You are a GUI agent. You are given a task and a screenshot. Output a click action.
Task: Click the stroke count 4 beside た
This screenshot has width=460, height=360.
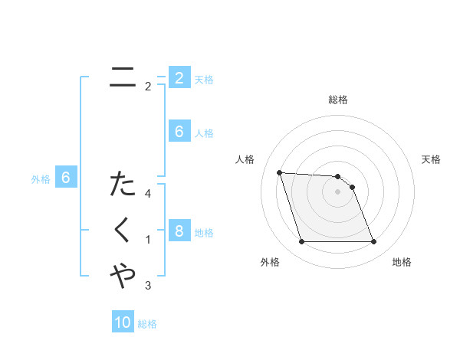148,194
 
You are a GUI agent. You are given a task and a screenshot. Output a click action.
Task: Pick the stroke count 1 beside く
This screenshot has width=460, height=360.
148,240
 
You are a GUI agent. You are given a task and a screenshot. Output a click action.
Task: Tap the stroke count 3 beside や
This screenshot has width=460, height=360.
148,286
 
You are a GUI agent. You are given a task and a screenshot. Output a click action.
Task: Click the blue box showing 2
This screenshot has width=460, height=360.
179,77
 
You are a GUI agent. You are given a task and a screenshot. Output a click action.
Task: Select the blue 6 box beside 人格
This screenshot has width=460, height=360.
179,132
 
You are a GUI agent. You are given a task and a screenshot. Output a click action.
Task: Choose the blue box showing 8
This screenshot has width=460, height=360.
179,231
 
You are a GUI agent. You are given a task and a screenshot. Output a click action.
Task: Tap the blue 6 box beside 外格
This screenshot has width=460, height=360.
66,178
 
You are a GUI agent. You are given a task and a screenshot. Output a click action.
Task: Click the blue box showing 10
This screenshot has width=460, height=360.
123,322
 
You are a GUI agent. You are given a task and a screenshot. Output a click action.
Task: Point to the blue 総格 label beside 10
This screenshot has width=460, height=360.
147,324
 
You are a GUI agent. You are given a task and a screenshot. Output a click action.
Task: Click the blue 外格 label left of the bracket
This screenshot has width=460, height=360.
41,179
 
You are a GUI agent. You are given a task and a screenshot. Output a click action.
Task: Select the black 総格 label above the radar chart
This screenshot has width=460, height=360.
338,100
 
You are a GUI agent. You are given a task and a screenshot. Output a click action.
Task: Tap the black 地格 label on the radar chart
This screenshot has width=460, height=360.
402,262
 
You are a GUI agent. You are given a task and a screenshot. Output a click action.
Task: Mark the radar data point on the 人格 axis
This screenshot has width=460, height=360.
279,172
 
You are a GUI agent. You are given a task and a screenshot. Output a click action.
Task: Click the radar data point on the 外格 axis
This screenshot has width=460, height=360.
301,242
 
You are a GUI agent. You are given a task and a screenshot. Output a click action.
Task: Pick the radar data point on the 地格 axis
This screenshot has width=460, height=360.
373,242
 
